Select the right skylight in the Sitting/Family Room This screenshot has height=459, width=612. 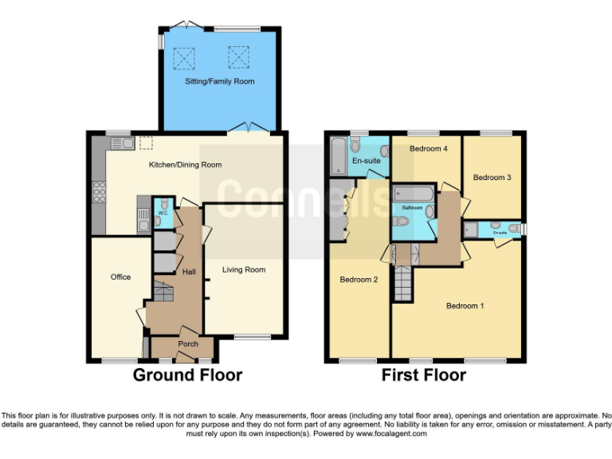[237, 56]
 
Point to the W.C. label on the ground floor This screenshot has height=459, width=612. [162, 213]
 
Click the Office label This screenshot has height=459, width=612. [120, 277]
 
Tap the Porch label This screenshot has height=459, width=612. [188, 344]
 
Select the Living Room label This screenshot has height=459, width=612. [243, 269]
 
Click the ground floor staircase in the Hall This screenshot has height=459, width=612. [162, 295]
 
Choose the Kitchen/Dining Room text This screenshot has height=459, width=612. [185, 165]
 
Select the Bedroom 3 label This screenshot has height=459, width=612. [492, 177]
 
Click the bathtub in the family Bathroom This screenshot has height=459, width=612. [413, 194]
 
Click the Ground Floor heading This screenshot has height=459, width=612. [187, 375]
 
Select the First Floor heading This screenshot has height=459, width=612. [423, 375]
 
